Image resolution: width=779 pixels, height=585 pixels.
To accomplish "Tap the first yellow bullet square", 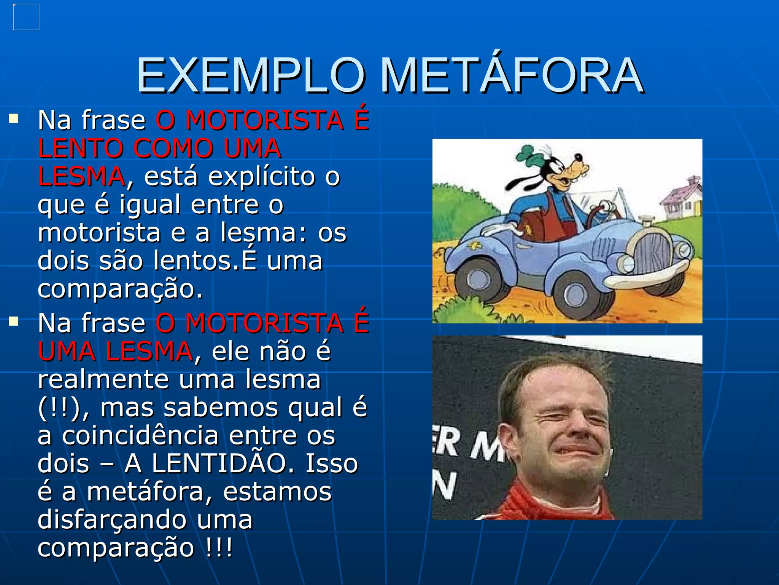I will pyautogui.click(x=14, y=119).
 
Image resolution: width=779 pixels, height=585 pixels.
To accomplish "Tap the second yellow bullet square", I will pyautogui.click(x=14, y=322).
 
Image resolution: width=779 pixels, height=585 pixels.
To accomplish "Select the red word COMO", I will pyautogui.click(x=173, y=149).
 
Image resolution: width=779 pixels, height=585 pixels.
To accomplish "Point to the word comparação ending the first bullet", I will pyautogui.click(x=120, y=289).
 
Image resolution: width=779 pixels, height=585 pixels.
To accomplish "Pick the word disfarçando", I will pyautogui.click(x=113, y=520).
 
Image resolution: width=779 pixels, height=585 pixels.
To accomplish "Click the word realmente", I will pyautogui.click(x=103, y=380).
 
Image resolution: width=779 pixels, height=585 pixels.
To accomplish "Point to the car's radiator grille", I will pyautogui.click(x=653, y=253).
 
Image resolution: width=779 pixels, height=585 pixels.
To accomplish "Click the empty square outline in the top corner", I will pyautogui.click(x=26, y=17).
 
